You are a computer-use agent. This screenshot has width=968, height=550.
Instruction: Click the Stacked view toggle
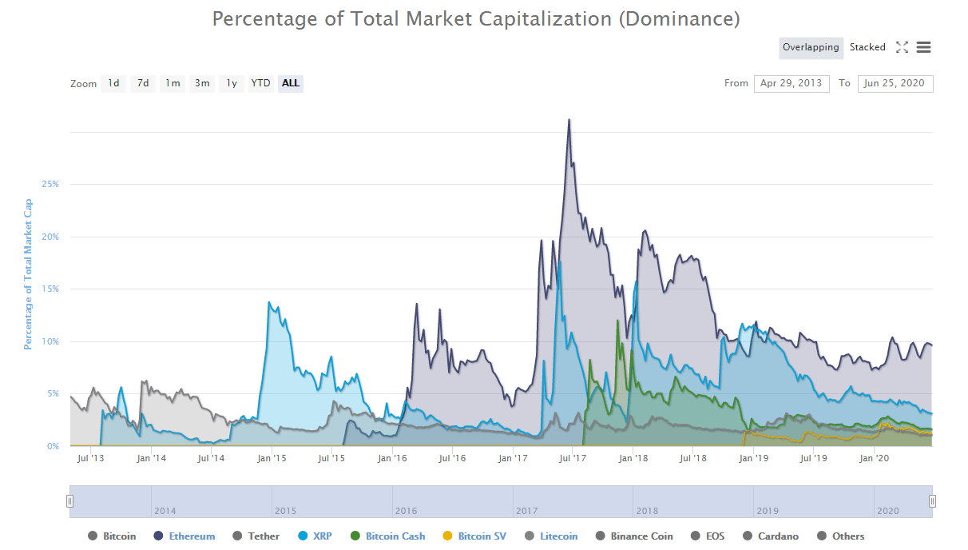(x=867, y=47)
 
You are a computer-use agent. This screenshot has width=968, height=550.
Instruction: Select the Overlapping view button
(x=811, y=47)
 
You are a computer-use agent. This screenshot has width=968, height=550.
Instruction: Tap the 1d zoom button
(x=113, y=83)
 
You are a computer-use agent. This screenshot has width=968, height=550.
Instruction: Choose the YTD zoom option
(x=260, y=83)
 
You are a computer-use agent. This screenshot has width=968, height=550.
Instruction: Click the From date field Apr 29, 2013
(x=791, y=83)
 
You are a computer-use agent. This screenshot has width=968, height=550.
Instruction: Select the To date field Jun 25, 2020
(x=895, y=83)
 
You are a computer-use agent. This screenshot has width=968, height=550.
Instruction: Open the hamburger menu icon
(x=923, y=47)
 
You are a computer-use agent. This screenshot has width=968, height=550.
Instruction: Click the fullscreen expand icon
(x=902, y=47)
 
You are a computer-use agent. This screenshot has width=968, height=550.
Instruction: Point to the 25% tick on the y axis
(x=50, y=184)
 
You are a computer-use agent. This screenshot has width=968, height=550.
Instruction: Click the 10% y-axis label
(x=50, y=341)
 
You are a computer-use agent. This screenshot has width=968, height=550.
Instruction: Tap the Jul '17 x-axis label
(x=573, y=458)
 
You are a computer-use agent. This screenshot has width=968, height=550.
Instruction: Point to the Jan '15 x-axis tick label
(x=272, y=458)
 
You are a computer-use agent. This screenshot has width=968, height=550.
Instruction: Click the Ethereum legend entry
(x=192, y=536)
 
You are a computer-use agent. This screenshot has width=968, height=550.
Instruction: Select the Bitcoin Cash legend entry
(x=395, y=536)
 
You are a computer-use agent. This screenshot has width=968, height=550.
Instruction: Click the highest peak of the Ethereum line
(x=569, y=120)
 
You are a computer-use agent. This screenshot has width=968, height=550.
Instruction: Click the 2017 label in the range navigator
(x=527, y=511)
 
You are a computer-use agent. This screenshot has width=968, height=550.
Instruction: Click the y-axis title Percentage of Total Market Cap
(x=28, y=274)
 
